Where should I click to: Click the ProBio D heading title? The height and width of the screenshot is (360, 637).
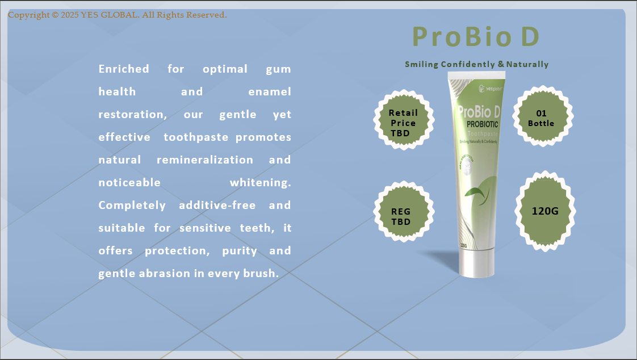[476, 37]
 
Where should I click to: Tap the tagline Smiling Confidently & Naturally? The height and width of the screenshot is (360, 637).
[476, 64]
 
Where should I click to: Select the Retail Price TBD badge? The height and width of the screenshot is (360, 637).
[403, 123]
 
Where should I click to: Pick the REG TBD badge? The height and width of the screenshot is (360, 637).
[401, 216]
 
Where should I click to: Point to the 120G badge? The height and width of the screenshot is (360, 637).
[545, 211]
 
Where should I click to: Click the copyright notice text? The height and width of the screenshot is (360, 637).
[118, 15]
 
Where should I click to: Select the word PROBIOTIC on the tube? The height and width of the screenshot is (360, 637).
[482, 124]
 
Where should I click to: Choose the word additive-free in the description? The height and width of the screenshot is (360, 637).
[217, 206]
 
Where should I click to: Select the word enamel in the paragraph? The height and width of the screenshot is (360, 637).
[270, 92]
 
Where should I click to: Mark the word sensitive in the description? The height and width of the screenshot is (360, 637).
[203, 228]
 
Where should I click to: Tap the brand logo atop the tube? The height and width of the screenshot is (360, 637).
[488, 88]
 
